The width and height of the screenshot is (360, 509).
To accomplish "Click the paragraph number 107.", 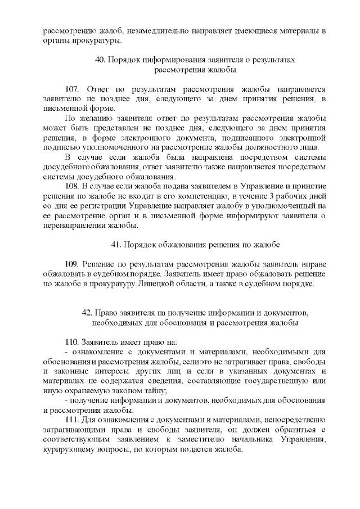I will click(x=73, y=90).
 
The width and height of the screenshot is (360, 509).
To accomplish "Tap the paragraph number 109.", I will click(x=73, y=264).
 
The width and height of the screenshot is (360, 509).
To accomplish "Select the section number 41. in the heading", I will click(x=116, y=245).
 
